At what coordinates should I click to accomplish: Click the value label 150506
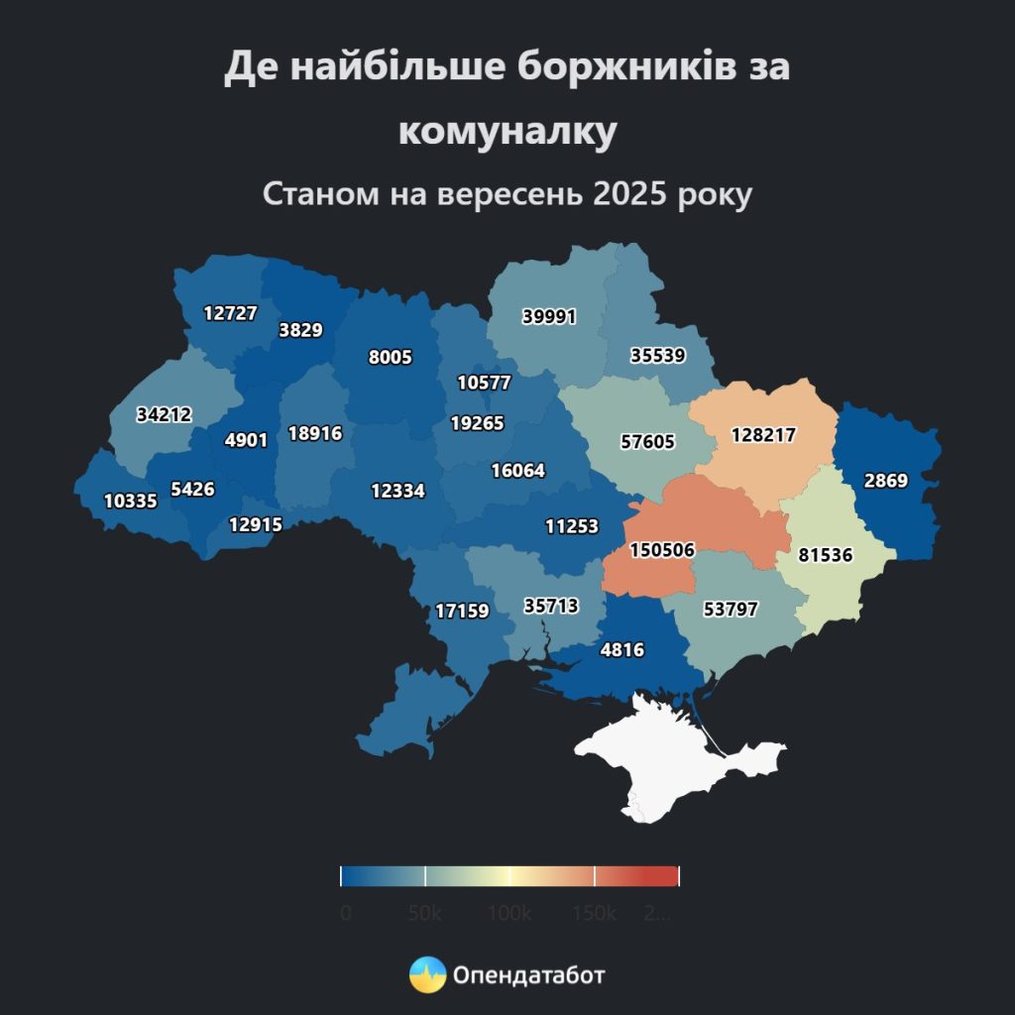[662, 550]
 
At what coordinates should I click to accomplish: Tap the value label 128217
[763, 434]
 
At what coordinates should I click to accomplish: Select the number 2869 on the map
[884, 481]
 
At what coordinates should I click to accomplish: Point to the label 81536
[825, 555]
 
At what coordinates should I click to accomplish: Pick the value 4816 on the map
[622, 650]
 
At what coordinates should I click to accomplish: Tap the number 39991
[548, 316]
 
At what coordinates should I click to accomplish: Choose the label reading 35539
[656, 355]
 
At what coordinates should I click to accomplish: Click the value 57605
[646, 441]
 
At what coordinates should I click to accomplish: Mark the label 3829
[300, 330]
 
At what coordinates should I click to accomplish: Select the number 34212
[164, 414]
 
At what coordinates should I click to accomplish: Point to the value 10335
[130, 501]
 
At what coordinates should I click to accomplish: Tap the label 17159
[462, 611]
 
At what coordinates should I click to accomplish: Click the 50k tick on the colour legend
[425, 875]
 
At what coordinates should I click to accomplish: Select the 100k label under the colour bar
[509, 914]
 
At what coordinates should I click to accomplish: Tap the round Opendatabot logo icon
[428, 975]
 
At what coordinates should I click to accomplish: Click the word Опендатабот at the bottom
[528, 975]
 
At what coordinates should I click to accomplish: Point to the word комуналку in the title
[507, 131]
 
